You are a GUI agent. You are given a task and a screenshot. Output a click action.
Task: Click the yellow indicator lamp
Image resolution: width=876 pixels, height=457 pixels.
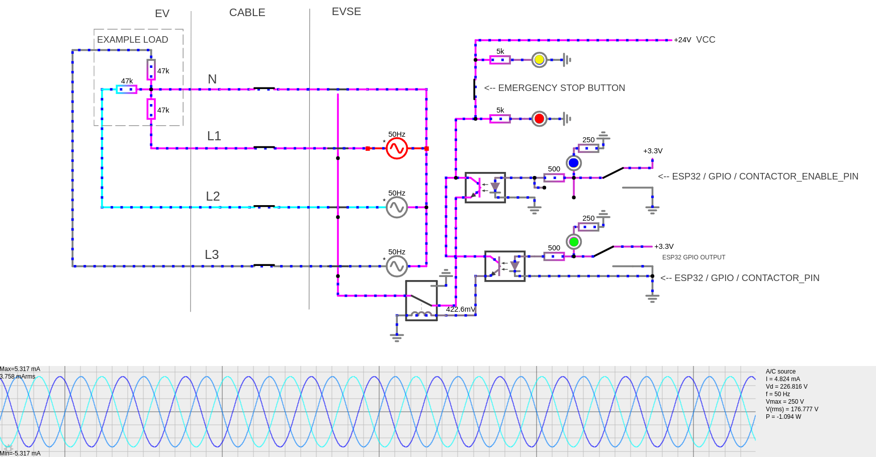pyautogui.click(x=539, y=60)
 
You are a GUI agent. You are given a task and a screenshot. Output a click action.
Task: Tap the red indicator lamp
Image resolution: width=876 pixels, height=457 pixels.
pyautogui.click(x=539, y=119)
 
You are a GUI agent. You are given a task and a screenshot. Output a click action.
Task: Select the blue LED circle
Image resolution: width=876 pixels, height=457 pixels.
pyautogui.click(x=573, y=163)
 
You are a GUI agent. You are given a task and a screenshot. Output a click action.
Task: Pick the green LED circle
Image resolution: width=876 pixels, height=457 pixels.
pyautogui.click(x=573, y=242)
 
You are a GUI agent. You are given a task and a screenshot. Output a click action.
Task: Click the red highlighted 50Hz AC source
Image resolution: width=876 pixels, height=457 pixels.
pyautogui.click(x=397, y=148)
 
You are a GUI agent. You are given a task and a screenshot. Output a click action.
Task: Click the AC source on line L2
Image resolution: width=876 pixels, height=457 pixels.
pyautogui.click(x=397, y=207)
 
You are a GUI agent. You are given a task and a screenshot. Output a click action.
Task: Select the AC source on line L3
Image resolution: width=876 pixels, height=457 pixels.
pyautogui.click(x=397, y=266)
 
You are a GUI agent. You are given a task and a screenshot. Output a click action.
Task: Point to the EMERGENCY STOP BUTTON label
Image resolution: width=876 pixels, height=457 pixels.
pyautogui.click(x=554, y=88)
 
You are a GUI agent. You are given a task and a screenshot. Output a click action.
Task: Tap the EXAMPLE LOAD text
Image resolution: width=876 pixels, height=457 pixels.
pyautogui.click(x=132, y=40)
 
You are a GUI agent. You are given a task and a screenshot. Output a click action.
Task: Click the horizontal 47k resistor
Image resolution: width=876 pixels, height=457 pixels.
pyautogui.click(x=127, y=89)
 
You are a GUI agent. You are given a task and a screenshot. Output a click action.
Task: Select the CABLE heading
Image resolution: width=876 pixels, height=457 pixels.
pyautogui.click(x=247, y=13)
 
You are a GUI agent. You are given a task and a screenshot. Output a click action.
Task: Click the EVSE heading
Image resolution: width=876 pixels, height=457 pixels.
pyautogui.click(x=346, y=12)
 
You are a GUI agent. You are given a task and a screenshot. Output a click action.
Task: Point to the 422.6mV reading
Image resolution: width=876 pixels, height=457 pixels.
pyautogui.click(x=460, y=309)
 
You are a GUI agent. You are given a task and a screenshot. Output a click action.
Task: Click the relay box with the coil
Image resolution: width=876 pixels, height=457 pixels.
pyautogui.click(x=421, y=301)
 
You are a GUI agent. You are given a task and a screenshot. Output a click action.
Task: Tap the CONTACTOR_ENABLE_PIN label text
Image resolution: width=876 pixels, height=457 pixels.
pyautogui.click(x=758, y=176)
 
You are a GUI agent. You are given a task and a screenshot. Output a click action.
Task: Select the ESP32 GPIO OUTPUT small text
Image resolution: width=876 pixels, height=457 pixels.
pyautogui.click(x=693, y=257)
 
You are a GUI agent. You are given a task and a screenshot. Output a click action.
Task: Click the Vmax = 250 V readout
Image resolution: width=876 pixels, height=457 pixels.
pyautogui.click(x=784, y=402)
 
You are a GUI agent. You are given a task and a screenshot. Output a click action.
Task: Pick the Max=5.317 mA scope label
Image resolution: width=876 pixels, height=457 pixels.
pyautogui.click(x=20, y=369)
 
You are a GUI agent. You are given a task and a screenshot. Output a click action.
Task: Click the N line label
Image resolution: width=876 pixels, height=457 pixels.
pyautogui.click(x=212, y=79)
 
